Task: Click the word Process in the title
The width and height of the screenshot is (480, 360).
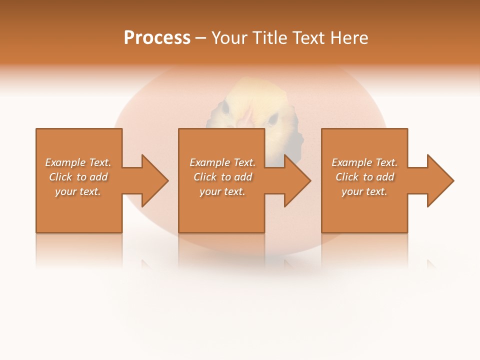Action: coord(157,38)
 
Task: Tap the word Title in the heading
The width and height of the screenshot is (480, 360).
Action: coord(270,38)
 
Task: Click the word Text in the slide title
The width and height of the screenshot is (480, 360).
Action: coord(308,38)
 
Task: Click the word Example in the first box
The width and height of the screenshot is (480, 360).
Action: coord(65,162)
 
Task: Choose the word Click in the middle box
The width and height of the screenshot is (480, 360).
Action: coord(205,177)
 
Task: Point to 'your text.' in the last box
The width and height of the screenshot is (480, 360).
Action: coord(364,191)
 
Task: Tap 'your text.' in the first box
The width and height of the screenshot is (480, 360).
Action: coord(78,191)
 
